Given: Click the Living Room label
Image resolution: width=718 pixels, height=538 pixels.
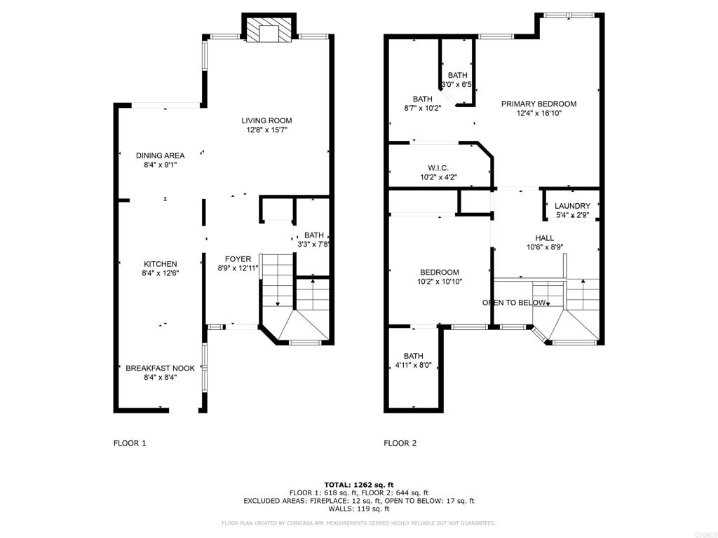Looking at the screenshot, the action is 267,120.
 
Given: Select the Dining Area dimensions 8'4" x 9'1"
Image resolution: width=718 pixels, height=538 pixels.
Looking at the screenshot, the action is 161,165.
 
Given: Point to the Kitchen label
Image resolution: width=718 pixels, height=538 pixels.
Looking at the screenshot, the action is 161,264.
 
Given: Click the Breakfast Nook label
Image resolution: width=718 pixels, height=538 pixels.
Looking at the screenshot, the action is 161,368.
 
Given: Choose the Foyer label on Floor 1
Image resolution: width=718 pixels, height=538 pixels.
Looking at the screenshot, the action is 238,259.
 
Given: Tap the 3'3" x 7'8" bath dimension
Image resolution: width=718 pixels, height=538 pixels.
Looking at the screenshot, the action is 313,244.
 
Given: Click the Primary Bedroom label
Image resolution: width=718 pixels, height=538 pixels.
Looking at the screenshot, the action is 538,104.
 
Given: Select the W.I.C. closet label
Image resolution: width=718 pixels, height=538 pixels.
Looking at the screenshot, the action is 438,168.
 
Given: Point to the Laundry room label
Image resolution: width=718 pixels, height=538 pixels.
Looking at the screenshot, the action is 572,206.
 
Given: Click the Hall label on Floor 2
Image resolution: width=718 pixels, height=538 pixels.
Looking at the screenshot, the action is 544,238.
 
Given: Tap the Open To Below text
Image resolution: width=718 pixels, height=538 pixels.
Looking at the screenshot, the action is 514,303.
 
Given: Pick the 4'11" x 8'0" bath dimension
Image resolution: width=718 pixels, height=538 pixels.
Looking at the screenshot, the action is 414,366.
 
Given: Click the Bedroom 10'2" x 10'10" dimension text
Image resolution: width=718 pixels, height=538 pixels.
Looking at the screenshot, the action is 440,282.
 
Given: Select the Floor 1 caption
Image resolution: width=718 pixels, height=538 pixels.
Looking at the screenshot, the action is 130,443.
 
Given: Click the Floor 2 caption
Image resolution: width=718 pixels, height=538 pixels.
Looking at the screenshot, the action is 400,443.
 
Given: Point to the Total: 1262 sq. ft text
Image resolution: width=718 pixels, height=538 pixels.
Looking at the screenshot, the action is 359,485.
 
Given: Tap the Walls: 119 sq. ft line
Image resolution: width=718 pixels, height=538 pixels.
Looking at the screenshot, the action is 359,509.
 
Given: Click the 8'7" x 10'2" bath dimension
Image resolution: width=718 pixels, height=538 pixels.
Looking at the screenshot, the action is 423,109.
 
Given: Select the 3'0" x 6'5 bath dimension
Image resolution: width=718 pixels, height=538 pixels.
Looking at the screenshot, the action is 456,85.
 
